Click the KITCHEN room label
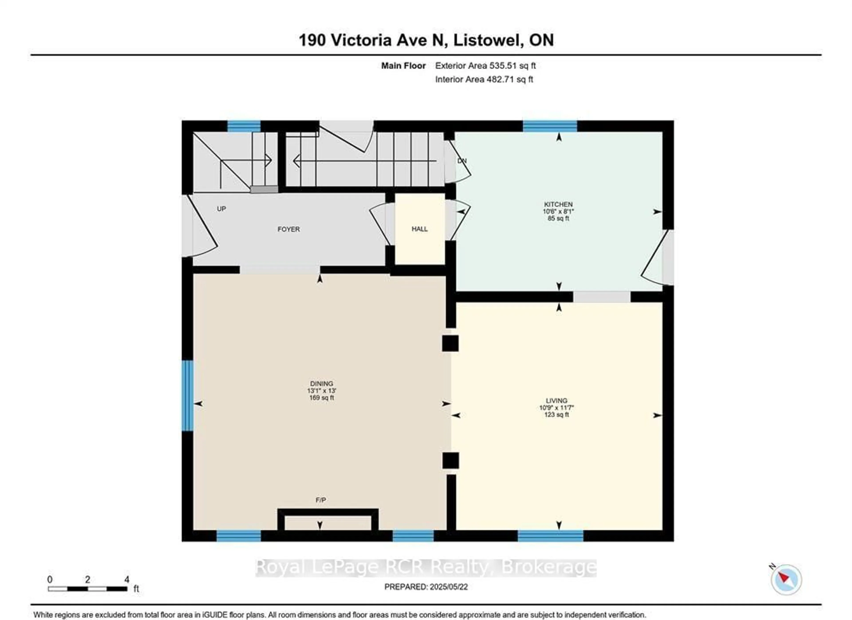558,204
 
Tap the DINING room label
321,384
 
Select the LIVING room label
556,400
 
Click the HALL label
420,229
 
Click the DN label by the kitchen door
462,161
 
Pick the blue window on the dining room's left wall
187,395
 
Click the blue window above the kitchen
550,126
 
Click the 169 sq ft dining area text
321,398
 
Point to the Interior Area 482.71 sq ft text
484,79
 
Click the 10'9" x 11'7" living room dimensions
556,408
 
